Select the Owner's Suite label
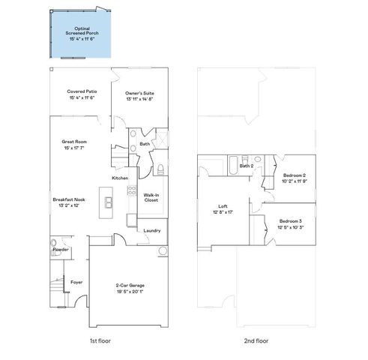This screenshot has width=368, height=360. click(x=140, y=91)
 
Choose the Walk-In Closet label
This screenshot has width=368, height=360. click(x=151, y=197)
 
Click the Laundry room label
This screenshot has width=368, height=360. click(x=152, y=230)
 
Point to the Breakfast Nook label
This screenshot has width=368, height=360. click(x=68, y=199)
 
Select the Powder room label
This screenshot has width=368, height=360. click(x=61, y=249)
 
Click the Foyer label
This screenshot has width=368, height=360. click(x=76, y=282)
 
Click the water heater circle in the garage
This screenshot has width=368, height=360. click(x=161, y=250)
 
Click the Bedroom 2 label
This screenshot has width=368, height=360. click(x=293, y=175)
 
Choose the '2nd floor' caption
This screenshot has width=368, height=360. click(x=257, y=340)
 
